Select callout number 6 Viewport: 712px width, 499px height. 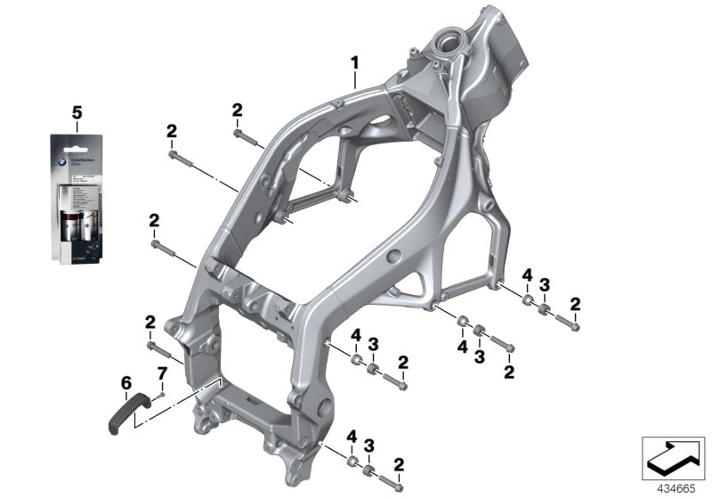(125, 384)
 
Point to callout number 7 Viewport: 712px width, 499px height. (162, 372)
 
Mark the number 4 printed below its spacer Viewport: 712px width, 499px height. (463, 346)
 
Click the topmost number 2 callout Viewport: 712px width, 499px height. (237, 110)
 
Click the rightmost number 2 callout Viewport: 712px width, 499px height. (575, 305)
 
